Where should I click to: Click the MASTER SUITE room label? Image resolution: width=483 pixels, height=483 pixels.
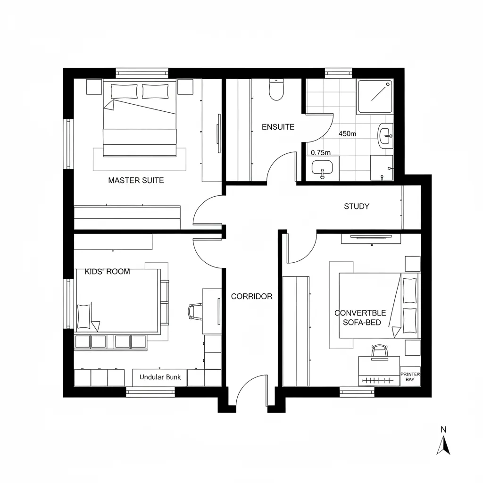[x=136, y=180]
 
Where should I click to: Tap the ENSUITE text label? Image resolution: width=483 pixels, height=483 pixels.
[x=278, y=127]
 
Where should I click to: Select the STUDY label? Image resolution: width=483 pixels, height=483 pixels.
[x=357, y=206]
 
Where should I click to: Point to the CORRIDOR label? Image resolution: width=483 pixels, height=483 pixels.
[x=251, y=296]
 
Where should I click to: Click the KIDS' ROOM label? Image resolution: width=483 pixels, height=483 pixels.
[x=107, y=272]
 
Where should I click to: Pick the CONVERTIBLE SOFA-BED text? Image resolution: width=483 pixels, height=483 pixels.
[x=360, y=317]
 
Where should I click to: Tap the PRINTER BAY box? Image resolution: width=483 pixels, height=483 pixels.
[x=410, y=377]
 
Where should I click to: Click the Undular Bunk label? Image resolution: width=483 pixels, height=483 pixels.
[x=160, y=377]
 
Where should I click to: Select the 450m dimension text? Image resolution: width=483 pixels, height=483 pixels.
[x=348, y=133]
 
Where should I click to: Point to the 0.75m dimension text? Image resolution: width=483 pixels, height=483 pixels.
[x=321, y=152]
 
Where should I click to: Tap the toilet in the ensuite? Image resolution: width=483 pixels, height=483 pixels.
[x=275, y=90]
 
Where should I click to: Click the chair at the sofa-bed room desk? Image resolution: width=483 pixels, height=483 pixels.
[x=379, y=350]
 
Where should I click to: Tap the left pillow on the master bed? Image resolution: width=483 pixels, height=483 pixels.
[x=124, y=92]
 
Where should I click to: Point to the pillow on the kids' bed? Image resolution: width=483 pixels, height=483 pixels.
[x=84, y=316]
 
